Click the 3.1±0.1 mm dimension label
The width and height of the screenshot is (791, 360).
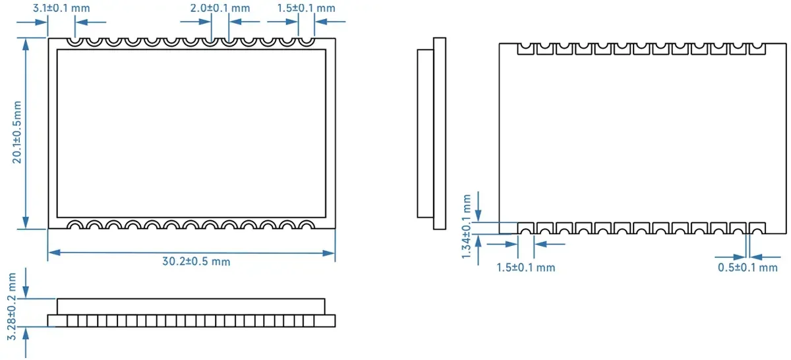point(61,9)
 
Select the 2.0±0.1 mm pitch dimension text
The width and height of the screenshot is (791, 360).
point(220,9)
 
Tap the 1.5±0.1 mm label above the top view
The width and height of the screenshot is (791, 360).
point(306,9)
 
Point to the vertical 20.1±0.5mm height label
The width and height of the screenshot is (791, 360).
point(16,132)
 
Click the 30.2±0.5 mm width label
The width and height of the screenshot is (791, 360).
point(196,261)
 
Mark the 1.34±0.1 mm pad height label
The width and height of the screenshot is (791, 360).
point(467,227)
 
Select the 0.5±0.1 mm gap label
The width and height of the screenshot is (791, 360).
point(747,268)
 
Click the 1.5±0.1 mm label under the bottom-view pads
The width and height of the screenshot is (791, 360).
point(525,268)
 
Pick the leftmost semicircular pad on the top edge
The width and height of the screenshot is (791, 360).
point(76,42)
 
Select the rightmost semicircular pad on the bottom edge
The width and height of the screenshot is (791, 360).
point(305,224)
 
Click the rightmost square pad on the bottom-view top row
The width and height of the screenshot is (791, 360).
point(757,49)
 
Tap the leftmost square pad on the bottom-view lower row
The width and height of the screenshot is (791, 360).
point(525,228)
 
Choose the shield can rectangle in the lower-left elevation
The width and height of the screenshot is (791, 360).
point(190,306)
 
